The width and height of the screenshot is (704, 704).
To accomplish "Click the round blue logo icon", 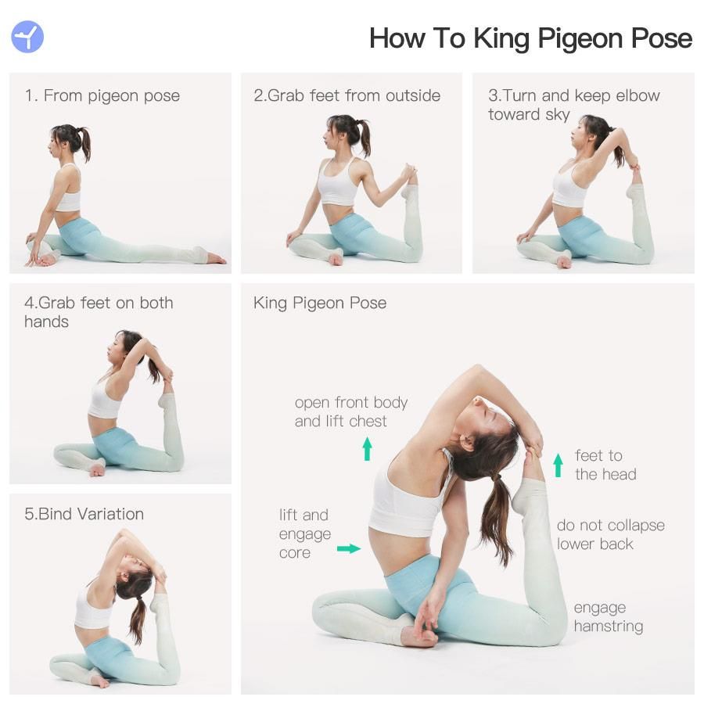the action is (x=27, y=37).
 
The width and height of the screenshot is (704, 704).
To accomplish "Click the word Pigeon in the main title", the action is (x=580, y=39).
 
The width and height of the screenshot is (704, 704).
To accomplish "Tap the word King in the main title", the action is (x=501, y=39).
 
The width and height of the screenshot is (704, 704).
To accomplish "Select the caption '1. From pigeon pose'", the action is (x=102, y=96).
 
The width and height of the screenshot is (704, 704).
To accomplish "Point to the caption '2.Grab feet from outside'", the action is (x=347, y=95).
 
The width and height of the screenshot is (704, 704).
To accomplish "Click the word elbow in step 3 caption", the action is (x=638, y=95).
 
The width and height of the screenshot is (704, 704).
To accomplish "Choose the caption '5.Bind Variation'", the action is (x=84, y=514).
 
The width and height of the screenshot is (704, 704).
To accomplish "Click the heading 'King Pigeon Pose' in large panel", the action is (x=320, y=303).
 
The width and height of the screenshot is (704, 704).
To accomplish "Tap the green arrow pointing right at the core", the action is (x=349, y=548).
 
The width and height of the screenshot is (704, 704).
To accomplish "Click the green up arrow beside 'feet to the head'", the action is (x=558, y=465).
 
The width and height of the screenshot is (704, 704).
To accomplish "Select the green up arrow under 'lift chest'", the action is (x=368, y=448).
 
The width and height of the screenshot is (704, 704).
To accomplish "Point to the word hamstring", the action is (x=609, y=627).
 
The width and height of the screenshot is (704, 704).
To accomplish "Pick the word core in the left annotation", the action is (x=295, y=553).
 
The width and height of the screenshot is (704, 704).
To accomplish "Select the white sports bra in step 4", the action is (x=105, y=400).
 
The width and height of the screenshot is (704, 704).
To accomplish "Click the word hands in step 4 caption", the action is (x=47, y=322).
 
